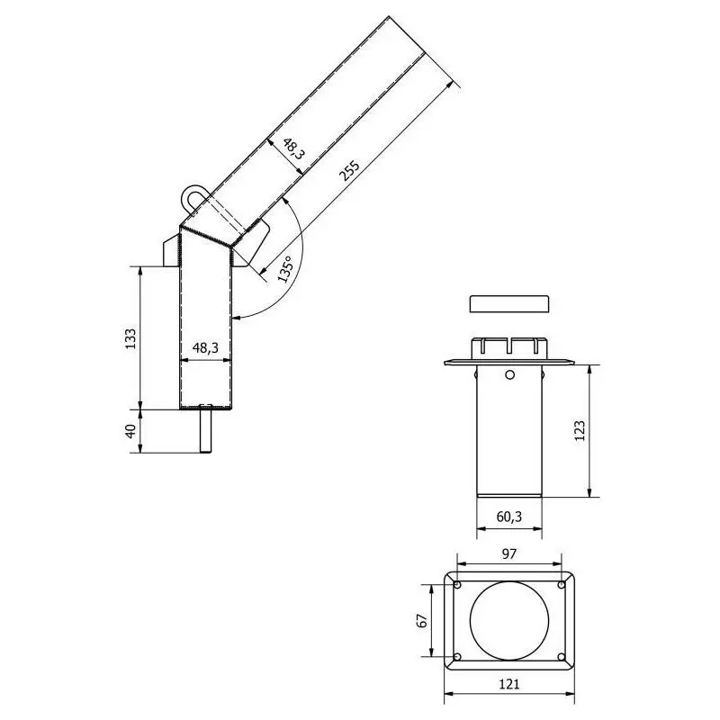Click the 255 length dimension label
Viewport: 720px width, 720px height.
349,171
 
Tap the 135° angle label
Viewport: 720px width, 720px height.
284,269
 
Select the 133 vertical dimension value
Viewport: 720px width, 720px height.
130,338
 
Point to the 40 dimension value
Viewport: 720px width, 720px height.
130,431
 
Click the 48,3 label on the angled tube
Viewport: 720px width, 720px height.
292,148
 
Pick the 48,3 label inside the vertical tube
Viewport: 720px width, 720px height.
205,348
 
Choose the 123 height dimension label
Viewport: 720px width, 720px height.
580,431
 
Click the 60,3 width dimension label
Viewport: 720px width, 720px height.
509,517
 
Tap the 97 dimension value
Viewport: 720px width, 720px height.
508,554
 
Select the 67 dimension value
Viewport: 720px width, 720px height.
423,620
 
